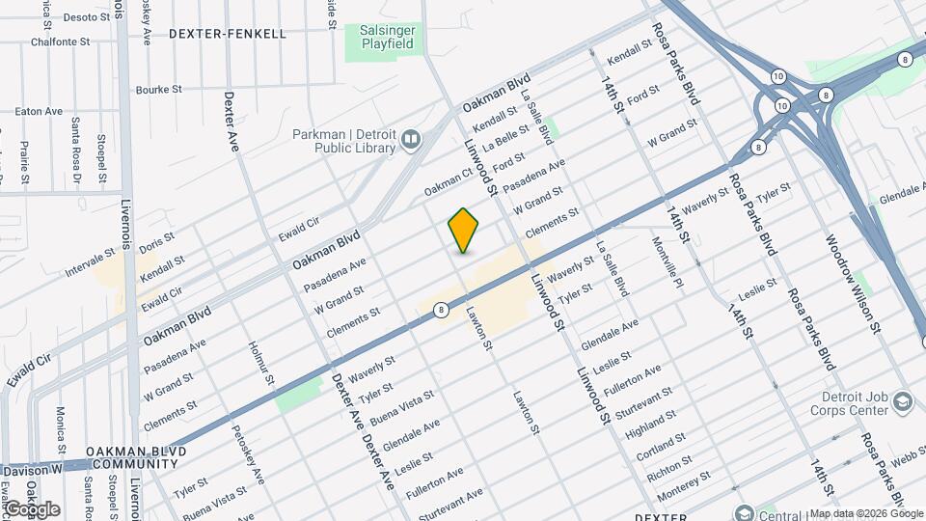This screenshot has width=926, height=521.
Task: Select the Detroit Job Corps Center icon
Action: tap(903, 401)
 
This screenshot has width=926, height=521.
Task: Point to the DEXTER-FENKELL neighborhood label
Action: tap(228, 34)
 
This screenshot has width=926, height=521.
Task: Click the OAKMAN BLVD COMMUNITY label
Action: tap(132, 457)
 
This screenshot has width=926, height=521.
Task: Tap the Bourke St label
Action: tap(158, 90)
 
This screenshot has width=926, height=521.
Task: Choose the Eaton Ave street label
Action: tap(39, 112)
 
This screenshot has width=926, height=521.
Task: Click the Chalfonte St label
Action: tap(60, 42)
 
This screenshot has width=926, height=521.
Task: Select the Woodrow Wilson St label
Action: tap(853, 284)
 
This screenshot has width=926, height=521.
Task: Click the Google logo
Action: tap(31, 508)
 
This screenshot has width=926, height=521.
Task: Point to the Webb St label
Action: tap(907, 459)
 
